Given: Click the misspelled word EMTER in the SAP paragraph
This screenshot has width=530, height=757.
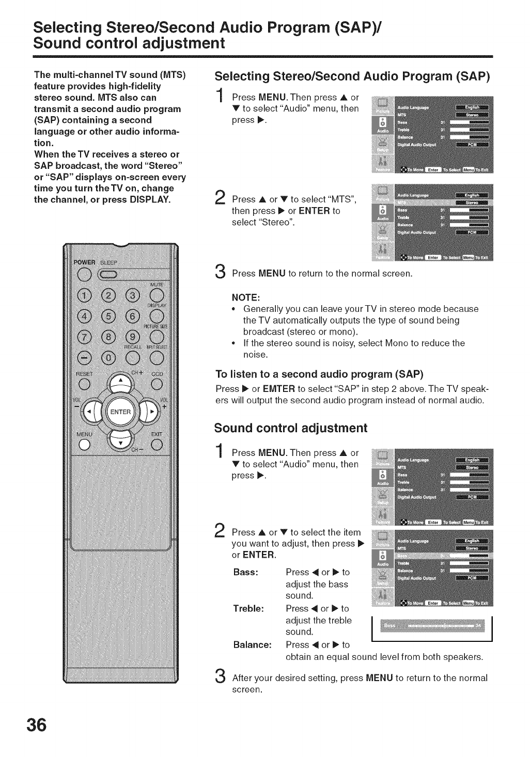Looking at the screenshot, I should pos(278,388).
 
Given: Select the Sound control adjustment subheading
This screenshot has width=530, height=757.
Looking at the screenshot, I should pos(290,428).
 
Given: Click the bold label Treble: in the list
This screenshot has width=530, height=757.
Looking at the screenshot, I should pos(249,609).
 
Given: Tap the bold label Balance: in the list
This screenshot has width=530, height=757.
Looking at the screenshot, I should pos(253,645).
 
